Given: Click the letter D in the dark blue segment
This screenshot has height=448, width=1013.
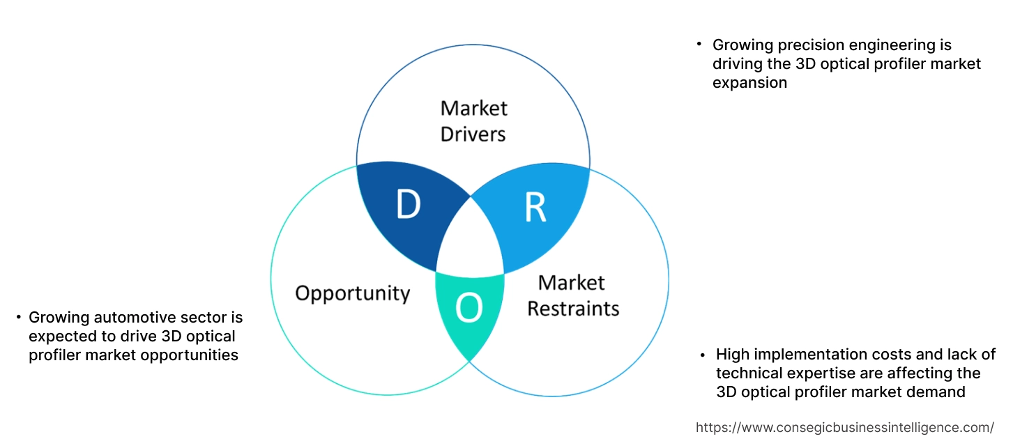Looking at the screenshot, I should pyautogui.click(x=408, y=206).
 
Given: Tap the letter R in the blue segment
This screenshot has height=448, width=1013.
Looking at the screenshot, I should pyautogui.click(x=535, y=208).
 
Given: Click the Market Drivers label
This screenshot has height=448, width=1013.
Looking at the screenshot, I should pyautogui.click(x=473, y=121).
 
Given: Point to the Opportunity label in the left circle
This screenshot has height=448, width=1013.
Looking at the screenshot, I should pyautogui.click(x=352, y=293).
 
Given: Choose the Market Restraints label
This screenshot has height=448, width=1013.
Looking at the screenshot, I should pyautogui.click(x=572, y=295).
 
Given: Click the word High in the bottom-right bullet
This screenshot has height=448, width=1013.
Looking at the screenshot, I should pyautogui.click(x=734, y=355).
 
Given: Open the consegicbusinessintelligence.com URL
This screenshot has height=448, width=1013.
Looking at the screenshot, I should pyautogui.click(x=845, y=427).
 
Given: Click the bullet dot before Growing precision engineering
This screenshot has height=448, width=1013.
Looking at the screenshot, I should pyautogui.click(x=699, y=45).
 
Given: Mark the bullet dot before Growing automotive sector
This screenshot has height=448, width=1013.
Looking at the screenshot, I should pyautogui.click(x=19, y=318).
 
